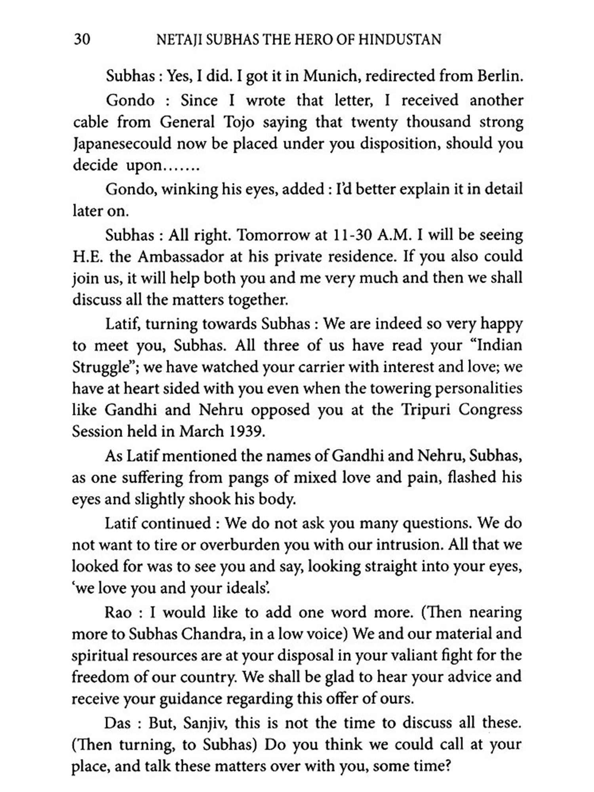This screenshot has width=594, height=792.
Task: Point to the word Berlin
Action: [500, 76]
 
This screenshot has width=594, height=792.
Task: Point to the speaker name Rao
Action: [118, 613]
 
